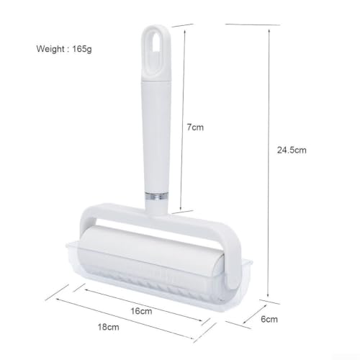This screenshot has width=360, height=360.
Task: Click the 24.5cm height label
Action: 292,150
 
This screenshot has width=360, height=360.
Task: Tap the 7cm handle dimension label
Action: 195,127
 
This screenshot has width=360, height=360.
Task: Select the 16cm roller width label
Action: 141,311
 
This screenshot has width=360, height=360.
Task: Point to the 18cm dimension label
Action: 109,327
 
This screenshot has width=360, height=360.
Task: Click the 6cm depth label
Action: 269,319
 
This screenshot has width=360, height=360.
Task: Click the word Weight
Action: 50,49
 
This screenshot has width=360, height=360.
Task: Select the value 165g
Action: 82,49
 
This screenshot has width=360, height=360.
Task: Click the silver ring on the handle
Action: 156,196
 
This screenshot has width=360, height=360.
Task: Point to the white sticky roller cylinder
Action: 150,251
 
